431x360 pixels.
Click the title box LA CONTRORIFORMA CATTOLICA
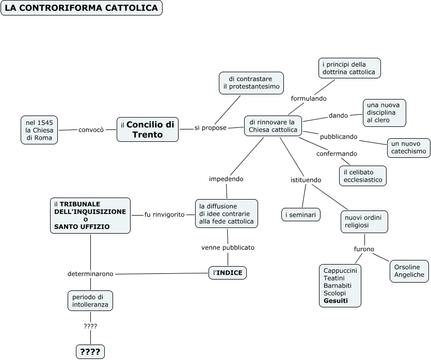tap(82, 8)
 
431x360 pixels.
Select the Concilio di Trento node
tap(148, 129)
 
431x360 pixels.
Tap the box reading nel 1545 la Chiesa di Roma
tap(39, 130)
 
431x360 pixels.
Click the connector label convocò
tap(91, 129)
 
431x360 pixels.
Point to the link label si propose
tap(211, 128)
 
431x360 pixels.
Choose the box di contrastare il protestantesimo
tap(251, 83)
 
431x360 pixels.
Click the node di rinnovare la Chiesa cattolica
tap(273, 126)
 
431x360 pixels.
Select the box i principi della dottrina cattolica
tap(349, 68)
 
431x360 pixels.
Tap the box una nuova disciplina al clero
tap(384, 113)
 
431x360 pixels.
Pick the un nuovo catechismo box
tap(409, 148)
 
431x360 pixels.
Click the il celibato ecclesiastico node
tap(363, 176)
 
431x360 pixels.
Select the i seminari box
tap(301, 215)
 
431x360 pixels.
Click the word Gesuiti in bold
tap(336, 301)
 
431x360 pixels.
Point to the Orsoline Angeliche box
tap(409, 271)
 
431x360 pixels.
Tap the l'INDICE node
tap(228, 273)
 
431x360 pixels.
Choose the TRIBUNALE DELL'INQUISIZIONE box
tap(90, 216)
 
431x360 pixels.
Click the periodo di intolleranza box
tap(90, 301)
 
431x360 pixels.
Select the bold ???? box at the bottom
tap(90, 351)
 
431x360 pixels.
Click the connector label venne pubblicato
tap(228, 248)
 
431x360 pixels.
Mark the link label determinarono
tap(90, 274)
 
